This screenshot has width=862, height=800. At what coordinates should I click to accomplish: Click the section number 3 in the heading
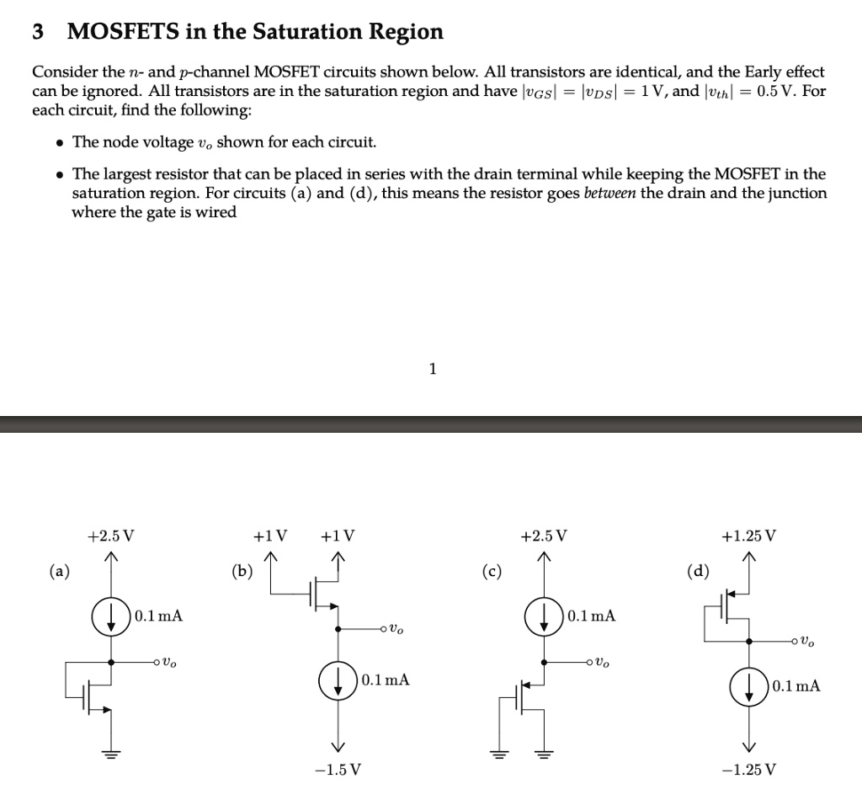(x=37, y=32)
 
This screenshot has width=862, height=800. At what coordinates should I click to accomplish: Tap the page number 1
(x=432, y=368)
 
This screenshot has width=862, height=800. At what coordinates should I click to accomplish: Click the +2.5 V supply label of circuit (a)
(x=111, y=536)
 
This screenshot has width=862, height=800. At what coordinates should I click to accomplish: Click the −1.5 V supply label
(x=338, y=770)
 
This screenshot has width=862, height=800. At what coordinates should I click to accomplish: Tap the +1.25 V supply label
(x=748, y=536)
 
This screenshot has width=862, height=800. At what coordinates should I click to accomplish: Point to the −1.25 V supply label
(x=748, y=770)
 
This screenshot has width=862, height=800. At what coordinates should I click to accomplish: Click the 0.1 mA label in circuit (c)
(x=592, y=616)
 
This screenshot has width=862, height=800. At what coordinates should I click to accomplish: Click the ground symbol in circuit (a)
(x=110, y=753)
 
